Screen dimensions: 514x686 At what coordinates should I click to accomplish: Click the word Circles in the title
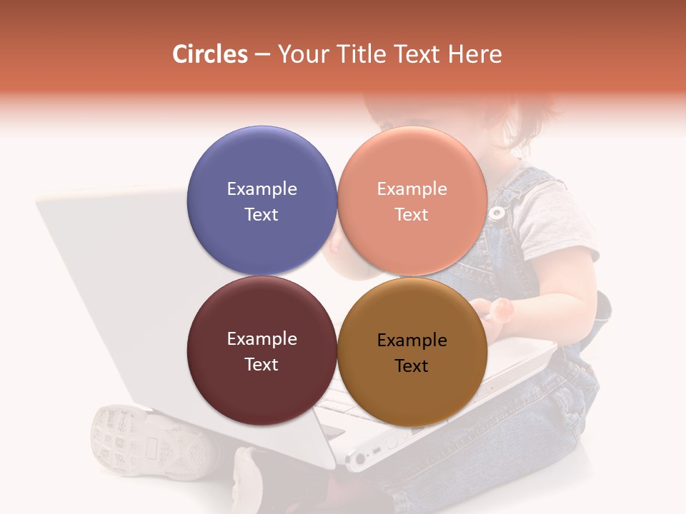tap(210, 54)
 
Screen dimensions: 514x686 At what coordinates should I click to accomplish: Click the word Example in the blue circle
tap(262, 188)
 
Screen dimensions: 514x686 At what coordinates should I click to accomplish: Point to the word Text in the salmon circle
tap(412, 214)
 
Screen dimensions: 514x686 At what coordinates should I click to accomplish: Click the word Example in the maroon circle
tap(262, 338)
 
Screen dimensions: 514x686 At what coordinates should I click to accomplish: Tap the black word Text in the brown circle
tap(412, 366)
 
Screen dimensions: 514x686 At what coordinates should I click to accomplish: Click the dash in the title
tap(262, 55)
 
